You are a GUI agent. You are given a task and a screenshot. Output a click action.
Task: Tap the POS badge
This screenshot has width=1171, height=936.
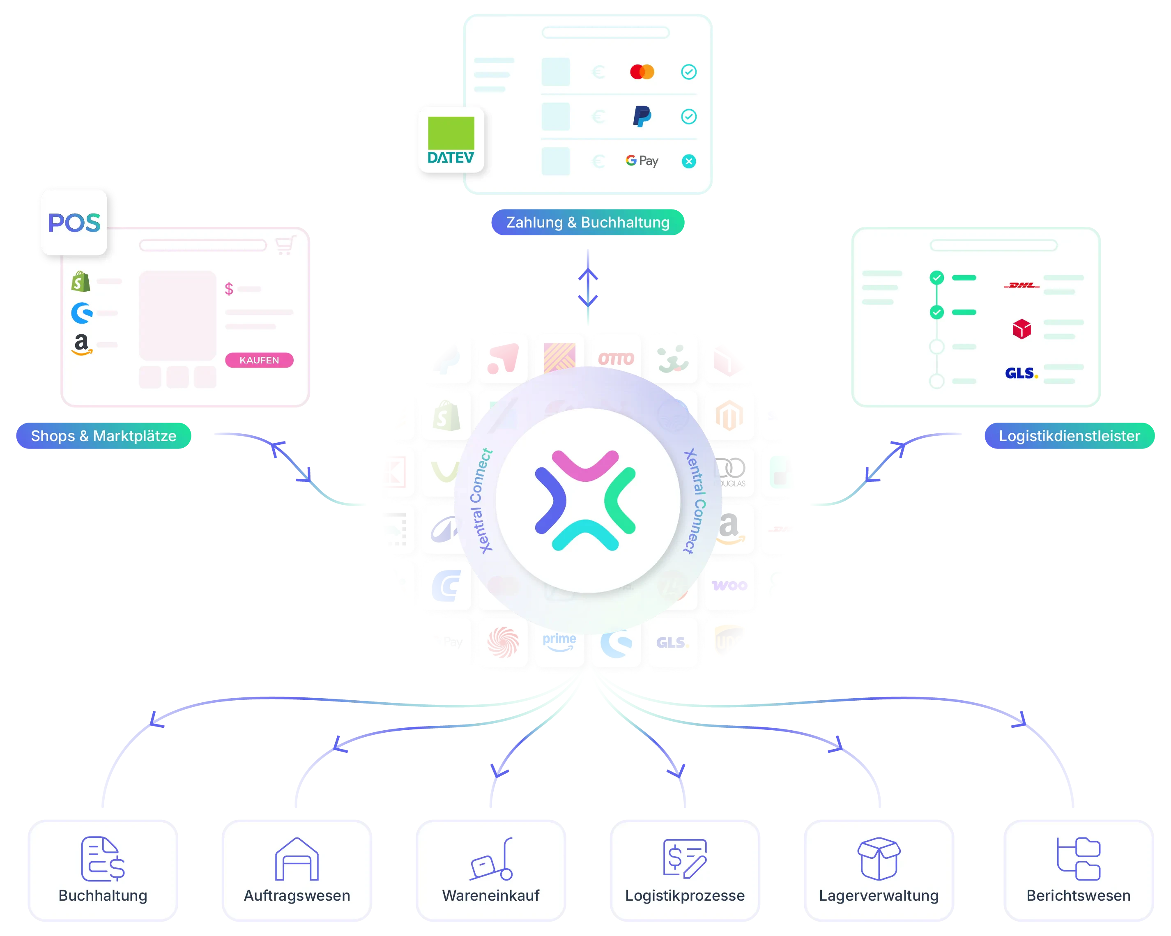click(x=74, y=222)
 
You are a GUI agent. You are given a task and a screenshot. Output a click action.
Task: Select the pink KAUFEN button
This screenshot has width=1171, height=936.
click(x=259, y=360)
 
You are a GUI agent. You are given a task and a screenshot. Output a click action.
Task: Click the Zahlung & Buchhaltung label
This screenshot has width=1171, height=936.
click(x=588, y=222)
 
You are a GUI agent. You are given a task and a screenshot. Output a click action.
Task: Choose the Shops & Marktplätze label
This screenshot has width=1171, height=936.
click(x=103, y=436)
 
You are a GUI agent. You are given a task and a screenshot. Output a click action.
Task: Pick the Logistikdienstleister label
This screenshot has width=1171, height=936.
click(x=1069, y=436)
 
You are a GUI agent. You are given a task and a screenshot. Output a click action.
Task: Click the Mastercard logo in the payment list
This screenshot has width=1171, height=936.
click(x=642, y=72)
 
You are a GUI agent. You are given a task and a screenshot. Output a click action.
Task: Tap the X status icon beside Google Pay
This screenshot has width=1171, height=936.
click(x=689, y=161)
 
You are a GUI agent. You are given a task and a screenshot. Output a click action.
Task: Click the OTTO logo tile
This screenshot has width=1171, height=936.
click(x=616, y=359)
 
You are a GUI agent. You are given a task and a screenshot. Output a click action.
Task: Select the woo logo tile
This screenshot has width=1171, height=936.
click(x=729, y=586)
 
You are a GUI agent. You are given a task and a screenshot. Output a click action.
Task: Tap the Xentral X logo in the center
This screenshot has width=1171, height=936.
click(x=586, y=500)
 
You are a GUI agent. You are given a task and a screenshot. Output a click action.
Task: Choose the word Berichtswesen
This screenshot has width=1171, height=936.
click(x=1078, y=896)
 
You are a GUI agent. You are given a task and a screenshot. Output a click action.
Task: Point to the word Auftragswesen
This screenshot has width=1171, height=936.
click(x=297, y=896)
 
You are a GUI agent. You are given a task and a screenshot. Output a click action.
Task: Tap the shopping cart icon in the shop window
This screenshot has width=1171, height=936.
click(x=285, y=245)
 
